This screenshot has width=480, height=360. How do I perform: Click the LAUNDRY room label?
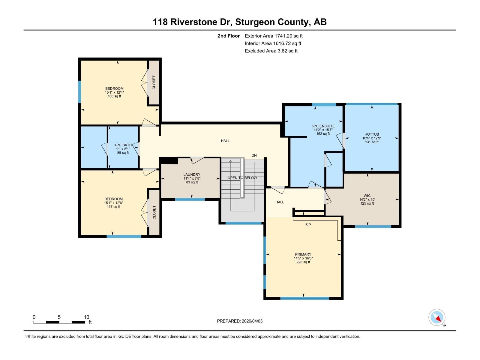click(192, 175)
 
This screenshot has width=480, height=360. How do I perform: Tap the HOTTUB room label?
click(372, 134)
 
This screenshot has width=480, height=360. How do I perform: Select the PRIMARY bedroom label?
click(303, 254)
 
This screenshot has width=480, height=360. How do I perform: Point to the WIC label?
click(367, 196)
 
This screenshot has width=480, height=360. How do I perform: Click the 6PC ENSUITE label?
click(323, 126)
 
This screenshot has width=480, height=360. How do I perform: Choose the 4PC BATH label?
click(123, 145)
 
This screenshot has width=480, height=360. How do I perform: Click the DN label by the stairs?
click(254, 155)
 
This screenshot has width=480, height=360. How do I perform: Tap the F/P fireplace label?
click(308, 225)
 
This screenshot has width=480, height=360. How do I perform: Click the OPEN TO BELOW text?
click(242, 178)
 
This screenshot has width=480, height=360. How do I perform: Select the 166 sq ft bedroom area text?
click(114, 96)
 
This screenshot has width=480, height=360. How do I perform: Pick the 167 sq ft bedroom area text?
click(113, 207)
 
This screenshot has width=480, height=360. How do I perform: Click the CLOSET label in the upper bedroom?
click(154, 82)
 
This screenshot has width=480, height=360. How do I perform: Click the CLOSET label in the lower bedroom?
click(154, 212)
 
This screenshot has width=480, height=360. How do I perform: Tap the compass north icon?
click(437, 317)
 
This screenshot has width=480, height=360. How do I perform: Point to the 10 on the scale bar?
click(86, 317)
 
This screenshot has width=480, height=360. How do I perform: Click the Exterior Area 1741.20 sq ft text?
click(274, 36)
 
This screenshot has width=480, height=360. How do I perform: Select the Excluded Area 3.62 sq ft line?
click(271, 51)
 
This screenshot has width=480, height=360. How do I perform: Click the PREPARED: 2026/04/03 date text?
click(240, 321)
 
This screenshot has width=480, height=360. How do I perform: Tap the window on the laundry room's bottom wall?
click(190, 199)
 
